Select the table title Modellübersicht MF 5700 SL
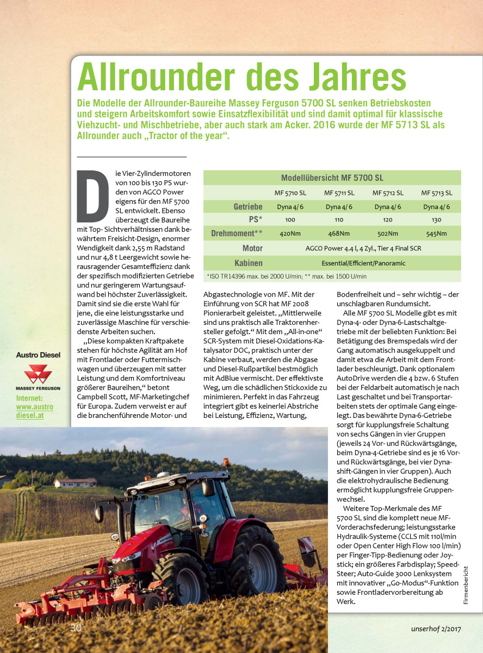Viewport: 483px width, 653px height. click(332, 178)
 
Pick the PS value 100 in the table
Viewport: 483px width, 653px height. click(290, 220)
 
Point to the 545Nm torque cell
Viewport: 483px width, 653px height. click(436, 234)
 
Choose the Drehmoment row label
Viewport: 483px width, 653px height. click(237, 234)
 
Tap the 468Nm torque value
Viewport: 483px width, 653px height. click(339, 234)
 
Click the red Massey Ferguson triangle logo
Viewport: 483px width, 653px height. click(38, 374)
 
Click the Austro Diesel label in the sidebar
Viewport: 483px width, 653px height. click(38, 355)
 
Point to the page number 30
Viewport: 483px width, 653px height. click(76, 627)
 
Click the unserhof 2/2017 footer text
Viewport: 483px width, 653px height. click(436, 629)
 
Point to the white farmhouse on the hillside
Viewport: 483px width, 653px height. click(76, 483)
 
